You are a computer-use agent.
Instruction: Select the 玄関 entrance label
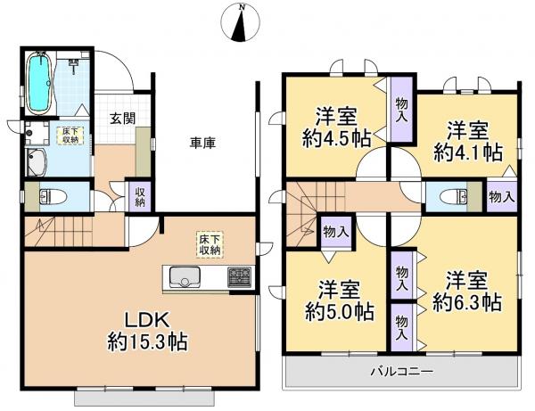point(123,117)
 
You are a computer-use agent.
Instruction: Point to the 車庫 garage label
point(202,142)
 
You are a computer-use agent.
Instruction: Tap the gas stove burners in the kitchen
point(238,277)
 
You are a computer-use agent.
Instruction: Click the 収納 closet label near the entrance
point(141,196)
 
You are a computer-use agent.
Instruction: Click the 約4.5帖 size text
point(338,138)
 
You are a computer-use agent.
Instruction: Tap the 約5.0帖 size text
point(338,311)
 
